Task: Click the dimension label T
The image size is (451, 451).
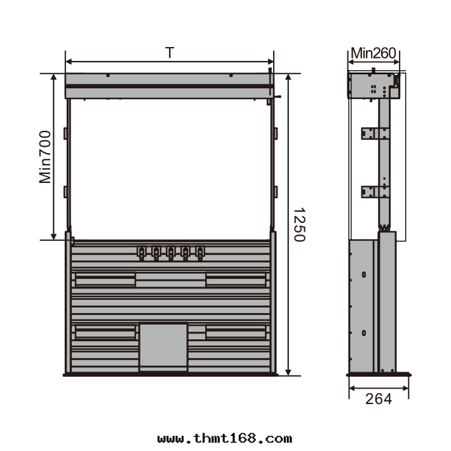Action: click(x=170, y=53)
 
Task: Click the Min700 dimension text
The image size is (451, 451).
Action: click(x=45, y=157)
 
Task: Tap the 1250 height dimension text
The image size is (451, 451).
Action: click(x=299, y=225)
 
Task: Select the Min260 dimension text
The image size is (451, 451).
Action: click(x=374, y=53)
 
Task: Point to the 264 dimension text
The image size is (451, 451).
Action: click(x=379, y=399)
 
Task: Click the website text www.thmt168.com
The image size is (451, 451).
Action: click(x=225, y=439)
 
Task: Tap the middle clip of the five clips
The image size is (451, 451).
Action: click(x=171, y=253)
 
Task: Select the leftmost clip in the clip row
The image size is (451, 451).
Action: click(x=142, y=253)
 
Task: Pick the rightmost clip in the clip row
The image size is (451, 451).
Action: click(x=200, y=253)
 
